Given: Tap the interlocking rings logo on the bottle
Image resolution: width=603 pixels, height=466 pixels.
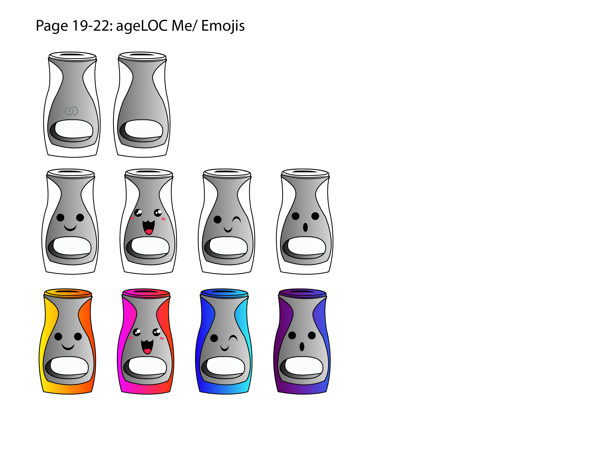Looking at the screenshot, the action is pyautogui.click(x=71, y=111).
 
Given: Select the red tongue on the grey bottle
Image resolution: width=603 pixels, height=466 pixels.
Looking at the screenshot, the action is pyautogui.click(x=149, y=231).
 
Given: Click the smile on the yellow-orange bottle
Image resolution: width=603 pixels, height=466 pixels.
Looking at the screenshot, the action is pyautogui.click(x=68, y=347).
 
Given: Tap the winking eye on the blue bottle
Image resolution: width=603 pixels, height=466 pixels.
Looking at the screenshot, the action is pyautogui.click(x=233, y=338).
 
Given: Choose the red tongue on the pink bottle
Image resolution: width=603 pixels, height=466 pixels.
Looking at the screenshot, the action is pyautogui.click(x=147, y=351).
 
